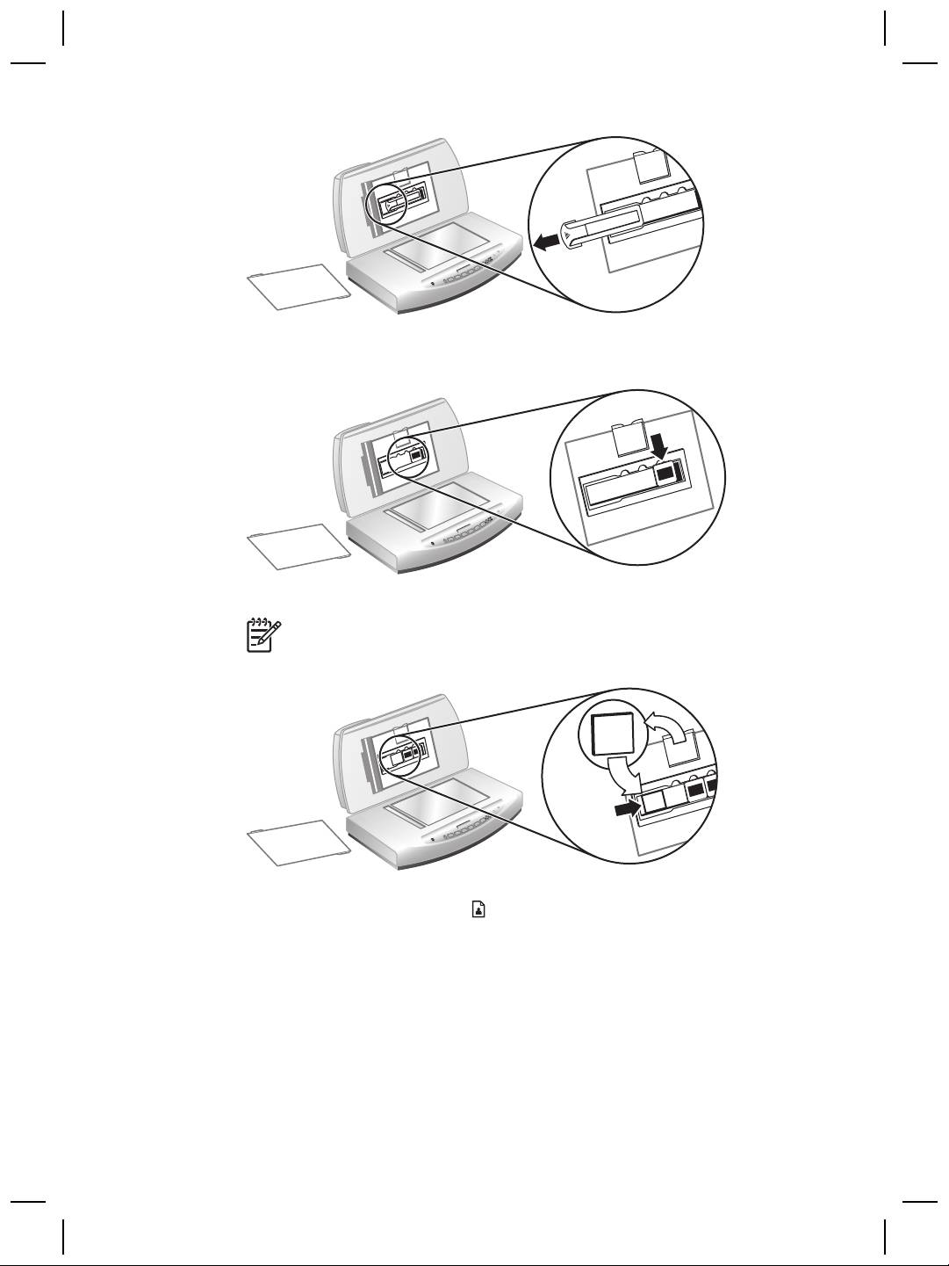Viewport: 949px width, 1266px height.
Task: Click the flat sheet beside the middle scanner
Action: point(298,547)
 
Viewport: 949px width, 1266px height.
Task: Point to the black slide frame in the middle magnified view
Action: point(667,474)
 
